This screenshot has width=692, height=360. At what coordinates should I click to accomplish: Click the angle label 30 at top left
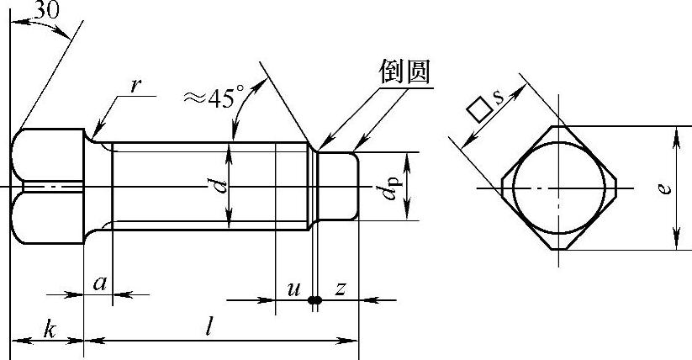(47, 10)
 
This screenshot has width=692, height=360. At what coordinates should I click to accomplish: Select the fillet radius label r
(136, 86)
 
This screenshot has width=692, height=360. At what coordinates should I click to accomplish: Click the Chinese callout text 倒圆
(404, 71)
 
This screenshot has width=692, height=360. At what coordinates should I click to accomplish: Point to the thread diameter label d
(221, 186)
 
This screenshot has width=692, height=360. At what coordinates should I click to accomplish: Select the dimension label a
(100, 283)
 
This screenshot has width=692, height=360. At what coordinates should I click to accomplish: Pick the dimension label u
(293, 289)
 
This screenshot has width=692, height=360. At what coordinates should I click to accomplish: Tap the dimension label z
(340, 289)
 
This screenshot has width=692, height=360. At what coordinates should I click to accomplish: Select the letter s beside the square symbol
(499, 97)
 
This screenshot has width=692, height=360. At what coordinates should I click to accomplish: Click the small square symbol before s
(479, 110)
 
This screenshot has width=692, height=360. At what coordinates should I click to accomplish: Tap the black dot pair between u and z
(314, 300)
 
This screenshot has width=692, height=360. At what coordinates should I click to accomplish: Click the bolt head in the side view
(47, 186)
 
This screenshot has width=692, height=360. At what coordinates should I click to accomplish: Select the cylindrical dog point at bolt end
(338, 186)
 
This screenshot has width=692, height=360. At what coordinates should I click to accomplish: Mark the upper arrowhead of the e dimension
(676, 136)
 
